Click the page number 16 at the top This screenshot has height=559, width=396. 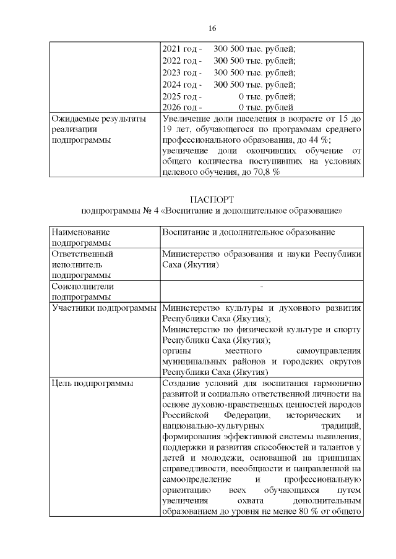click(x=212, y=29)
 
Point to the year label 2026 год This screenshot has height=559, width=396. click(x=178, y=107)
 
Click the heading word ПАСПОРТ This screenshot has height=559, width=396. click(x=212, y=200)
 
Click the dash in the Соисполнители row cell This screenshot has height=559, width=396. click(x=262, y=287)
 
